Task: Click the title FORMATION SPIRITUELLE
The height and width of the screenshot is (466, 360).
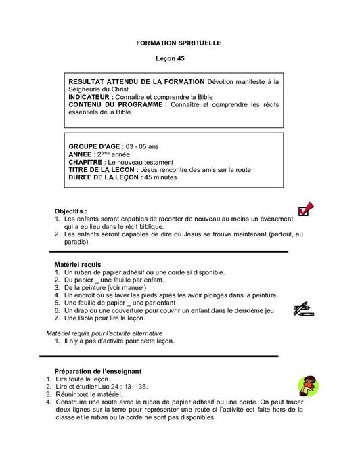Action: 179,43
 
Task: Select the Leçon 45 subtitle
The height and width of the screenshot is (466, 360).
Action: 179,59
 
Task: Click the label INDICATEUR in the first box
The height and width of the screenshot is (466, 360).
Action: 91,97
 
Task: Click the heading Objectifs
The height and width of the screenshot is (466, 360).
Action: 71,211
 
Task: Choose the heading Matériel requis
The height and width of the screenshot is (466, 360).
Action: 77,263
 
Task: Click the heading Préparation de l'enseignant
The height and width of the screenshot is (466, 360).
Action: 97,371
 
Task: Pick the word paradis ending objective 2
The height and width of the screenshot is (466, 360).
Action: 76,241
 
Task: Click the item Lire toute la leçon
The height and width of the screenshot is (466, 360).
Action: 87,379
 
